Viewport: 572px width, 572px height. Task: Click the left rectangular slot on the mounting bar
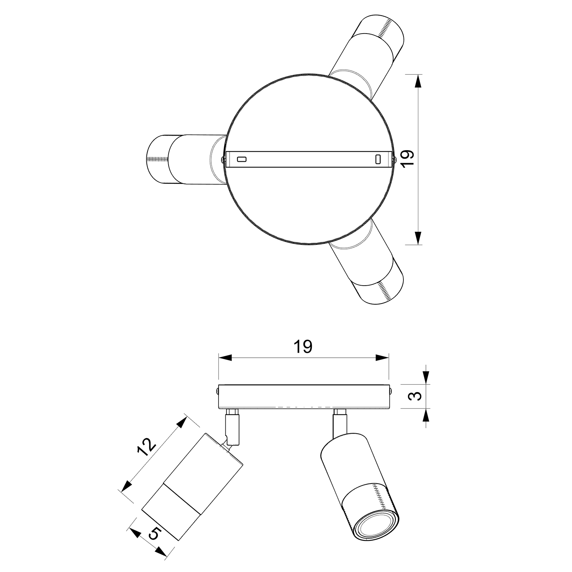coord(242,159)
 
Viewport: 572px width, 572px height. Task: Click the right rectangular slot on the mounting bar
coord(378,159)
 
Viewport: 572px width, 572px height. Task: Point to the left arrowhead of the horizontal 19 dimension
coord(225,358)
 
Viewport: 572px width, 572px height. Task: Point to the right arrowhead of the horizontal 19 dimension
coord(382,358)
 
